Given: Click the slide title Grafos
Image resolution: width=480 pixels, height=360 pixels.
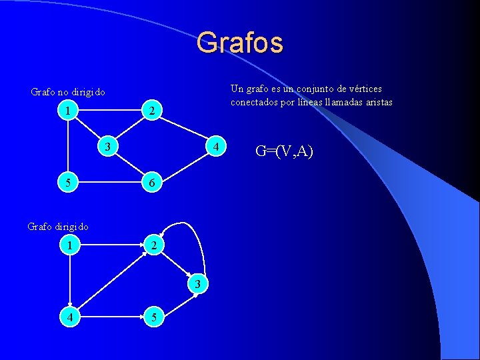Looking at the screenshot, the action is click(240, 43).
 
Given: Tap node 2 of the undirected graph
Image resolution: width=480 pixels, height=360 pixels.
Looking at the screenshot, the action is click(152, 112).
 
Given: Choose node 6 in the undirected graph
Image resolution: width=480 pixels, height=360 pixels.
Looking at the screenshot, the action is click(152, 182).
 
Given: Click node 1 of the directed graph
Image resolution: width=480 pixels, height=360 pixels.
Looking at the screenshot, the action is click(69, 245).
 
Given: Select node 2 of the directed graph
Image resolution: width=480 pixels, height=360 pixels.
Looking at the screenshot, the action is click(153, 245).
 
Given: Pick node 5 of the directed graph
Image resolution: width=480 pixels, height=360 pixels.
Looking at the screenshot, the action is click(153, 318).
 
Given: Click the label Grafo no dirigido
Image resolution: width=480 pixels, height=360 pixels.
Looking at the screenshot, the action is click(68, 92).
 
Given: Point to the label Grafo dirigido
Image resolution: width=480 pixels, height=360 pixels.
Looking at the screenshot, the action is click(58, 227).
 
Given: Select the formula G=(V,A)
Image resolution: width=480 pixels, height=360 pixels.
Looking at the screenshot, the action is click(284, 152).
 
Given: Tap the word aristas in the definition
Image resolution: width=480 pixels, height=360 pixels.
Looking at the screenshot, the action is click(375, 102).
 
